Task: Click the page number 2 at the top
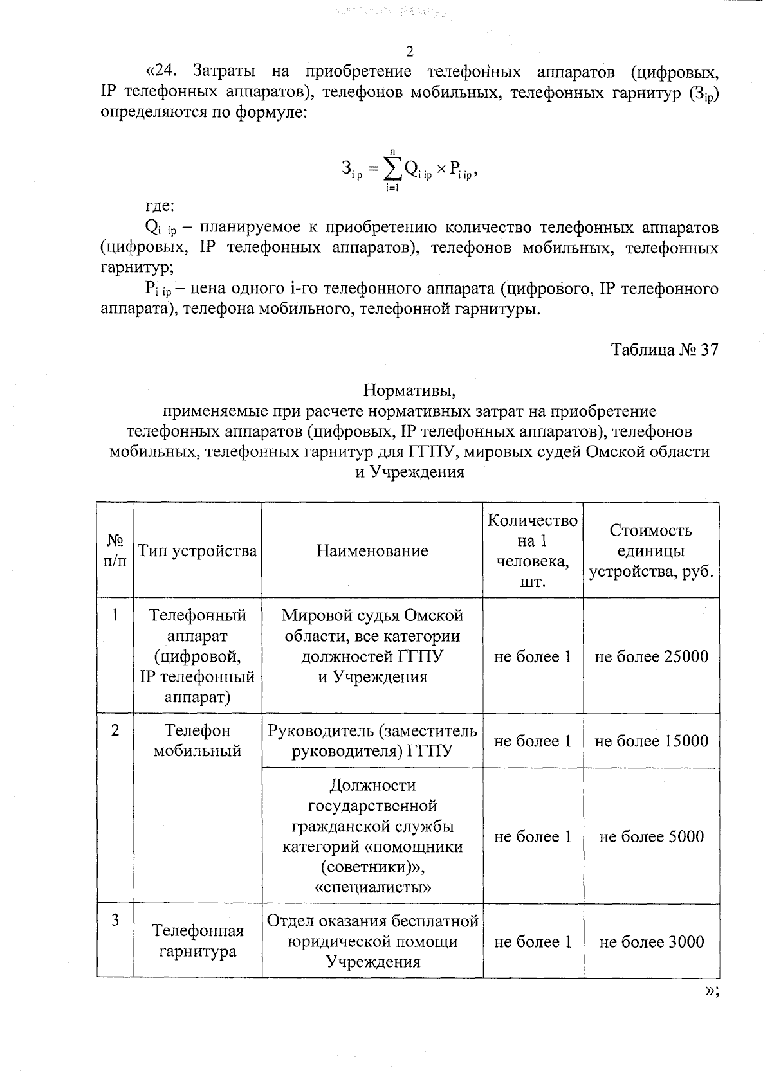[409, 51]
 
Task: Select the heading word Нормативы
[409, 390]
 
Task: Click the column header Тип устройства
[197, 550]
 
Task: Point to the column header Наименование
[372, 550]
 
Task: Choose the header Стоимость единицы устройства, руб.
[651, 550]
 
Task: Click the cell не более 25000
[651, 656]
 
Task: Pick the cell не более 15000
[651, 741]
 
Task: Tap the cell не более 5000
[651, 836]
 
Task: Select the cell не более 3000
[651, 942]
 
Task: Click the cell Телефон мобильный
[197, 741]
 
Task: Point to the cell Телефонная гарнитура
[197, 941]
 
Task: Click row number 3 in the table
[115, 920]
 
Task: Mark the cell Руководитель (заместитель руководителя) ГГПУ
[372, 741]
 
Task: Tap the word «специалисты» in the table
[373, 888]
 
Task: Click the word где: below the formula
[158, 206]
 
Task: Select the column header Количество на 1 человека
[532, 550]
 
